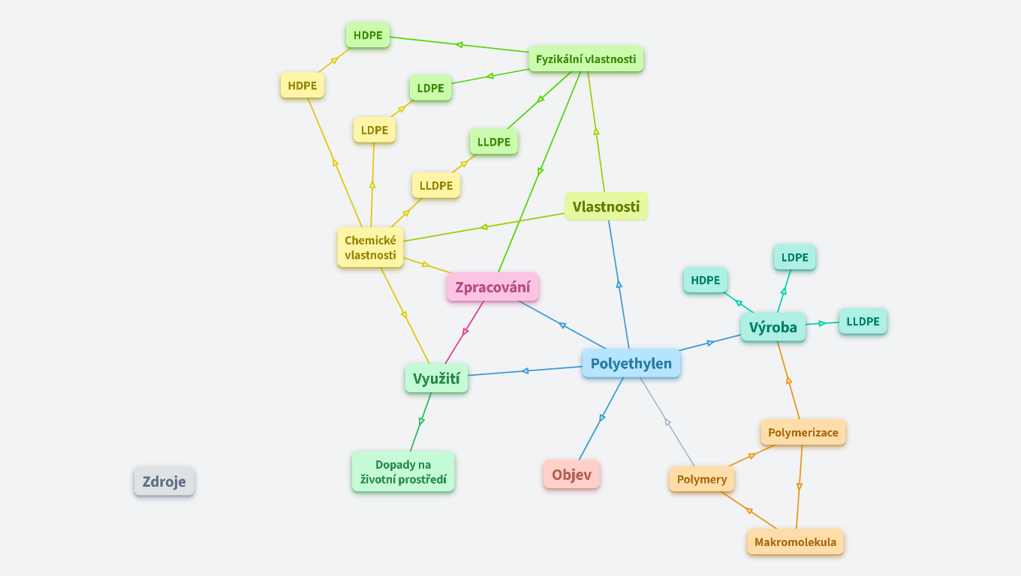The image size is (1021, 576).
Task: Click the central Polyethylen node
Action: (x=631, y=364)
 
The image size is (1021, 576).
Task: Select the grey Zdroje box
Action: (x=164, y=481)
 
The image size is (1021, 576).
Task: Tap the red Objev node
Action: (x=571, y=474)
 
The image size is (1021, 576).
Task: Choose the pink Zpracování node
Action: (x=492, y=286)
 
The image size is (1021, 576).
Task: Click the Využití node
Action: (x=436, y=378)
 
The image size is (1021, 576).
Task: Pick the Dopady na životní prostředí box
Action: (x=403, y=472)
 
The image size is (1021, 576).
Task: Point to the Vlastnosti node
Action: (x=606, y=206)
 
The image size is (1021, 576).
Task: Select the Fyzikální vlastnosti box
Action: (x=586, y=59)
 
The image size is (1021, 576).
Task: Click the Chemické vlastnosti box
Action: (x=370, y=247)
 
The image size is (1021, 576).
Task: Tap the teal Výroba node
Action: (x=773, y=327)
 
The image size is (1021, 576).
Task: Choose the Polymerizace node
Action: (x=803, y=433)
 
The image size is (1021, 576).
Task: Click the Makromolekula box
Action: (x=795, y=542)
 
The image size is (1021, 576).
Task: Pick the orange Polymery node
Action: (x=702, y=479)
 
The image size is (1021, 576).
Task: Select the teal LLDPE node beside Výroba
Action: (x=863, y=322)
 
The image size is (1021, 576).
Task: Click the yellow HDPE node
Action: (x=303, y=85)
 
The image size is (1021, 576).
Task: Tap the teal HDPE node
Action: (x=706, y=280)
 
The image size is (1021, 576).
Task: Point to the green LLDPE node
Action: (x=493, y=142)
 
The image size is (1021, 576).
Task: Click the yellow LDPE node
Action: (x=374, y=130)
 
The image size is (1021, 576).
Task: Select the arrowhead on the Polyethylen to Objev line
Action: (x=601, y=418)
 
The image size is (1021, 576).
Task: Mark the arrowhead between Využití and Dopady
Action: (x=422, y=421)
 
